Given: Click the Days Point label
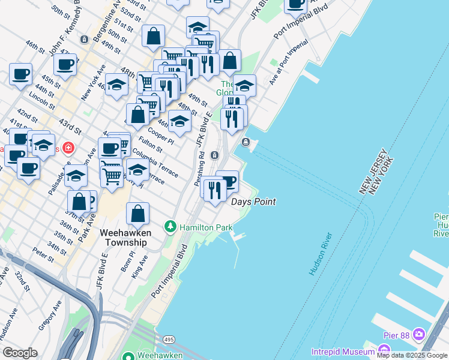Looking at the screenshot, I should tap(253, 202).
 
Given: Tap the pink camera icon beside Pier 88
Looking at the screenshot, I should tap(418, 333).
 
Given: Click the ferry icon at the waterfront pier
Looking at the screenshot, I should tap(246, 142).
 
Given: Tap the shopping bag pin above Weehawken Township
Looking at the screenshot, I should tap(138, 214).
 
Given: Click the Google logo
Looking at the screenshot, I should tap(20, 353).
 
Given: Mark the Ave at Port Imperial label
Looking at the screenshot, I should tap(289, 62).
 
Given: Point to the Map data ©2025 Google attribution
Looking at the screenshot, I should tap(412, 355).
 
